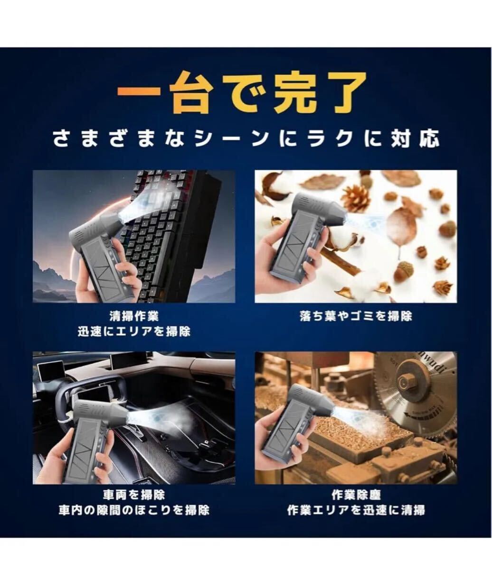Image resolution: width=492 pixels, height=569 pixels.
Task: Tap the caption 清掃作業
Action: click(134, 316)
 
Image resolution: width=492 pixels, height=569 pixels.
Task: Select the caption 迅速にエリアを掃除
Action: click(134, 331)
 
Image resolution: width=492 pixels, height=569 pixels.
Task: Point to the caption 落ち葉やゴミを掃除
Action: click(356, 316)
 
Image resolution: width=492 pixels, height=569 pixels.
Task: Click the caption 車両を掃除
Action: click(134, 495)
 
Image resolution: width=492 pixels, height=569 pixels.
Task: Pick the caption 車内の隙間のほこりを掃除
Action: click(134, 510)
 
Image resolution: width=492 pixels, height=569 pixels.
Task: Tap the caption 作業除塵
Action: click(356, 495)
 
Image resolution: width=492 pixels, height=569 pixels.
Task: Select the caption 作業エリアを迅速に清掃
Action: click(356, 510)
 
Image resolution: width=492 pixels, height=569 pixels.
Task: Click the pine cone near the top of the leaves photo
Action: click(356, 198)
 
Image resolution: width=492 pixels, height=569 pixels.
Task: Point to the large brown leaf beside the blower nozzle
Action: click(402, 227)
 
